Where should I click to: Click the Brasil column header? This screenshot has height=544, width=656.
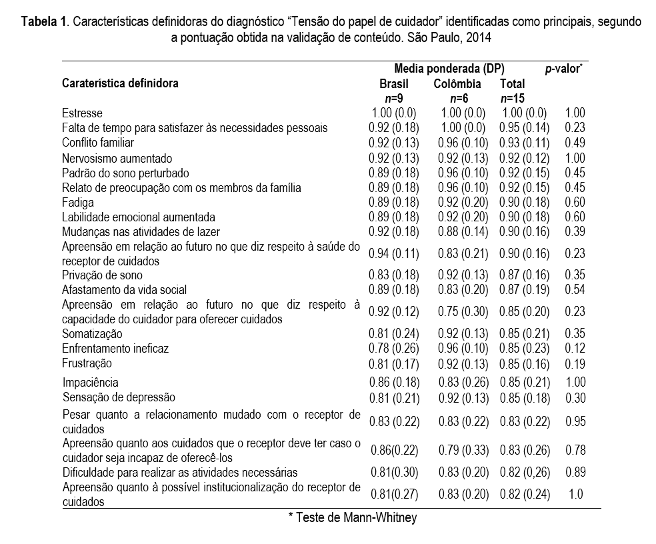(x=393, y=84)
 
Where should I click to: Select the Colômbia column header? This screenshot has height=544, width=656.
(x=457, y=84)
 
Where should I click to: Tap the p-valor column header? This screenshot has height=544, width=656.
(x=563, y=68)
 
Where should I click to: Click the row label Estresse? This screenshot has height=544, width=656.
(x=82, y=113)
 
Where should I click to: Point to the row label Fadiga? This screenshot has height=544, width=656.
(x=78, y=202)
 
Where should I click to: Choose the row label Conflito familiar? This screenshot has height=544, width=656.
(x=98, y=143)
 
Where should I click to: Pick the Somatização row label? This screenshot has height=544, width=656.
(x=92, y=333)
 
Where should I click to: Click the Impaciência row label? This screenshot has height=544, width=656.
(x=91, y=383)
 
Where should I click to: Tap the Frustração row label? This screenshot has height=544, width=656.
(x=87, y=363)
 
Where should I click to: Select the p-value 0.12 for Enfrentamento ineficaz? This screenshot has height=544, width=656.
(x=575, y=348)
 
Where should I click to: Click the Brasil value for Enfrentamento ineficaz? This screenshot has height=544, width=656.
(x=393, y=348)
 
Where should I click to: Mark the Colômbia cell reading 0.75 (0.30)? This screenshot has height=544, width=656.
(x=463, y=311)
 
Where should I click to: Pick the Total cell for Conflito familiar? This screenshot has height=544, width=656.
(x=525, y=143)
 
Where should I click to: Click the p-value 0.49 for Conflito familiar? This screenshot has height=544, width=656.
(x=575, y=143)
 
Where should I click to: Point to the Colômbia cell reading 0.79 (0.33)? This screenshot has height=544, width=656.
(x=463, y=450)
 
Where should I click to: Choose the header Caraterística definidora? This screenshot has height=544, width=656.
(x=120, y=84)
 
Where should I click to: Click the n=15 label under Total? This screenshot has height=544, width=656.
(x=512, y=99)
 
